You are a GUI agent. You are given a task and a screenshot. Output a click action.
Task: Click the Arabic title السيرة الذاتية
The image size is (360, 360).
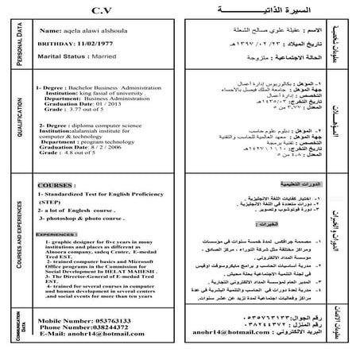pyautogui.click(x=256, y=11)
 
